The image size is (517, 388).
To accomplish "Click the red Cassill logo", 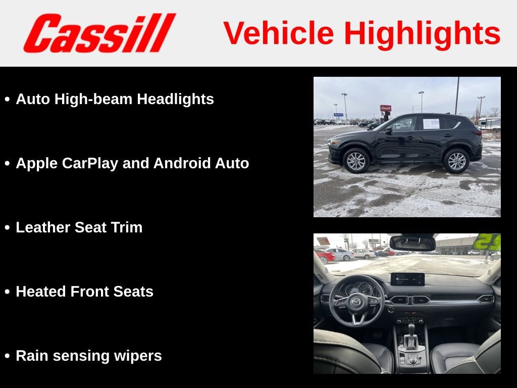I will point(99,33).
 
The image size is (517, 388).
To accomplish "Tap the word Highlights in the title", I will point(422,33).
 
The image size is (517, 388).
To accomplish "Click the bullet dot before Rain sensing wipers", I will point(7,356).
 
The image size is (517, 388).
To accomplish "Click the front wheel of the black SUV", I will point(356,161).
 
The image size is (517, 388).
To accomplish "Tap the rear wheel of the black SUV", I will point(456,160).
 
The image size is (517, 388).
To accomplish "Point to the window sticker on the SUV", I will point(431,124).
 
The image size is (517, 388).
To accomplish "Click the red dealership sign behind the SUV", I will point(385,108).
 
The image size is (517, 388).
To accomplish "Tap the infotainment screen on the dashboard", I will point(407,279).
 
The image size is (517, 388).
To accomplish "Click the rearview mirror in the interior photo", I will point(412,244).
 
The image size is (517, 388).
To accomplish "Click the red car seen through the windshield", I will point(325,256).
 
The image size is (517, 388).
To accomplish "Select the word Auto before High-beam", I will point(33,99).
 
